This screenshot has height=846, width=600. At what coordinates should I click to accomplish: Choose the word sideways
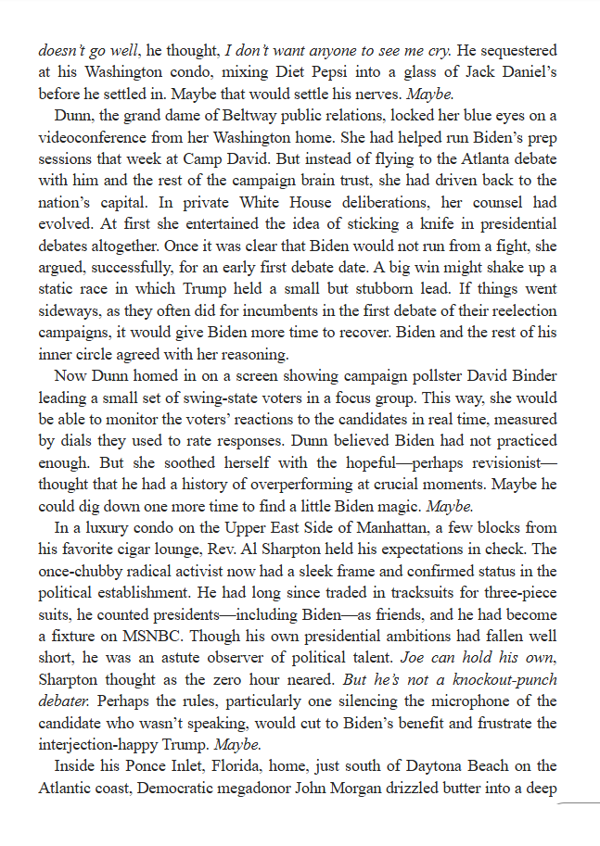coord(69,310)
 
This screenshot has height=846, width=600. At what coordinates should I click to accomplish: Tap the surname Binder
coord(532,376)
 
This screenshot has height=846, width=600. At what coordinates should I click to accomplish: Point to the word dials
coord(96,441)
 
